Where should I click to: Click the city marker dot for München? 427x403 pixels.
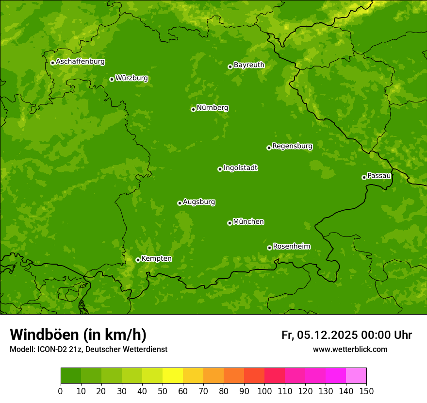[x=230, y=223]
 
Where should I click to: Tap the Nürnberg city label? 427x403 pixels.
[x=213, y=108]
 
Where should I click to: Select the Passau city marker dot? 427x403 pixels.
[x=364, y=177]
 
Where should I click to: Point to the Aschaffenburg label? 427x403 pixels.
[x=80, y=62]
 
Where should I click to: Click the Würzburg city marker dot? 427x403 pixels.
[x=112, y=79]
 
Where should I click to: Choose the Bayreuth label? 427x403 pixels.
[x=249, y=65]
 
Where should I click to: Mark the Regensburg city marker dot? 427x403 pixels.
[x=269, y=148]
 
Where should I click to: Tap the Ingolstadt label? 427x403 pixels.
[x=240, y=168]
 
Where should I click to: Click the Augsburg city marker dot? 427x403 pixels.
[x=180, y=203]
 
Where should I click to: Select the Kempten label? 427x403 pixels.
[x=156, y=259]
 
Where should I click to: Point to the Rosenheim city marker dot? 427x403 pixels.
[x=269, y=248]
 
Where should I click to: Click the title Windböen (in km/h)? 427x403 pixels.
[x=78, y=335]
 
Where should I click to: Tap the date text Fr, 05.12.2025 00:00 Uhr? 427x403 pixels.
[x=346, y=335]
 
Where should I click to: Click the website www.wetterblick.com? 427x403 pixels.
[x=350, y=349]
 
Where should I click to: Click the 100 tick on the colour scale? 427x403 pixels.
[x=264, y=391]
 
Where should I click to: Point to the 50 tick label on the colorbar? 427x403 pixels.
[x=163, y=391]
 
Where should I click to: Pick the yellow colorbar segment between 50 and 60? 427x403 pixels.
[x=173, y=375]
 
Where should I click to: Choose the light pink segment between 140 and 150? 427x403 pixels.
[x=356, y=375]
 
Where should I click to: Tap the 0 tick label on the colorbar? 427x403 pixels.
[x=61, y=391]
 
